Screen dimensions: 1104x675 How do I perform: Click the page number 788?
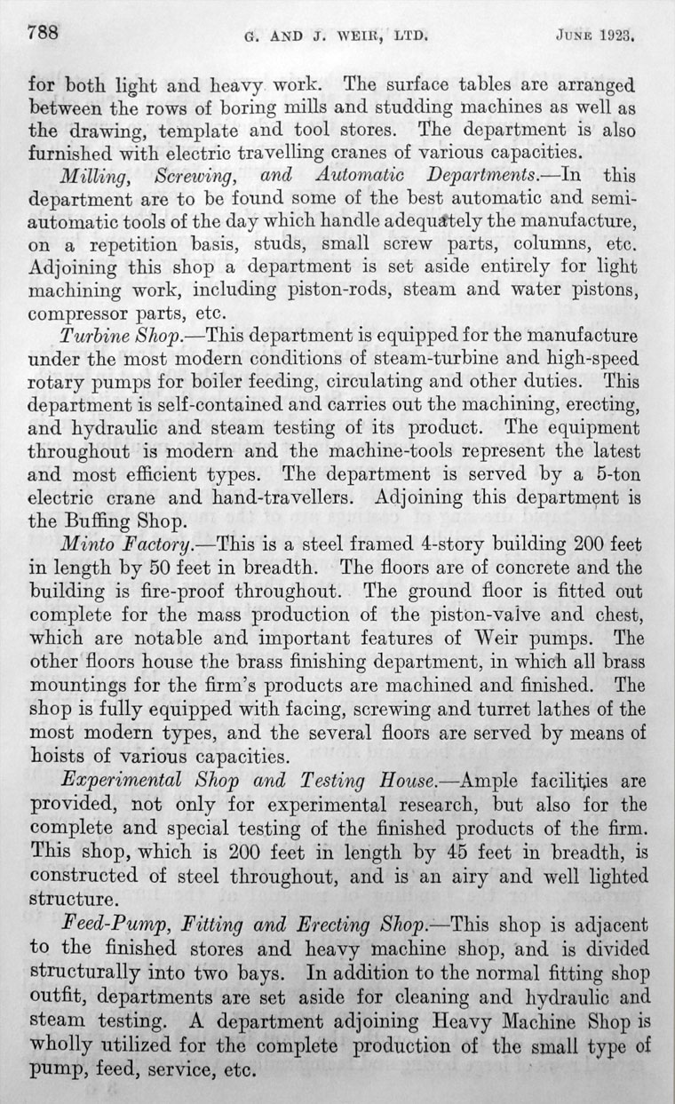43,35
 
